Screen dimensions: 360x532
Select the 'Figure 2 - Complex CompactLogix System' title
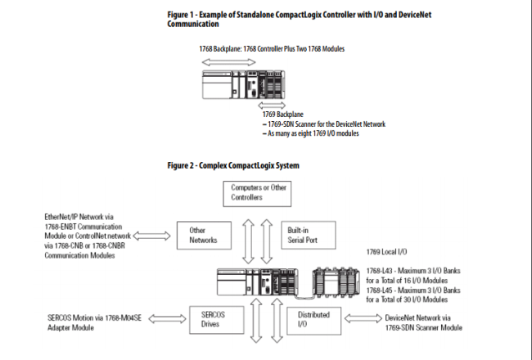tap(233, 166)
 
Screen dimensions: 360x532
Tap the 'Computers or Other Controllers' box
tap(258, 193)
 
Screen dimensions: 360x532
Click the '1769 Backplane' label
tap(280, 115)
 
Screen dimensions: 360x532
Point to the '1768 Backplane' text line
tap(272, 49)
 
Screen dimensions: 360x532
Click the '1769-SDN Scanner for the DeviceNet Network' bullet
tap(323, 124)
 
